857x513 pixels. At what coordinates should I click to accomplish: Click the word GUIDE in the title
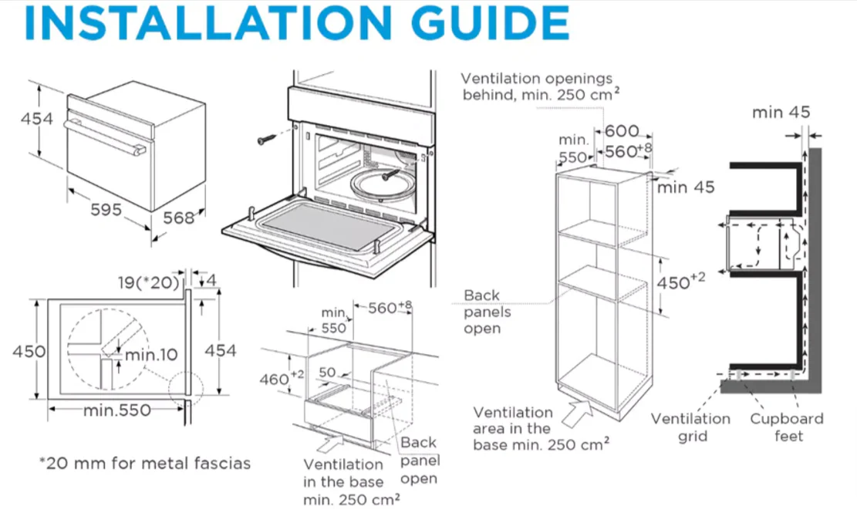(x=490, y=22)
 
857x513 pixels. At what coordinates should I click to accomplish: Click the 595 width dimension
(x=106, y=209)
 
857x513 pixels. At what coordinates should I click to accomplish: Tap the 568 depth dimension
(x=179, y=218)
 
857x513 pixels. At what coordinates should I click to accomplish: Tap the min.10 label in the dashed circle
(x=151, y=355)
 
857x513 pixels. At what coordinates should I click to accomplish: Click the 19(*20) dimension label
(x=149, y=282)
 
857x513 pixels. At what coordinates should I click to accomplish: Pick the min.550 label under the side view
(x=117, y=410)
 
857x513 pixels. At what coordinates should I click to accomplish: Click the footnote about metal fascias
(x=145, y=464)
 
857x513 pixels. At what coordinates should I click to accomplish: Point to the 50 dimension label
(x=327, y=372)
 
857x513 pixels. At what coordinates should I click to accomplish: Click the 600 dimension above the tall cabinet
(x=622, y=131)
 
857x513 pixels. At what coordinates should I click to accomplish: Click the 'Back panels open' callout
(x=487, y=312)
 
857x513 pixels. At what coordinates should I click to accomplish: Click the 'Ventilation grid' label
(x=691, y=427)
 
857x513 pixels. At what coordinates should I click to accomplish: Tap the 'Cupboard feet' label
(x=787, y=427)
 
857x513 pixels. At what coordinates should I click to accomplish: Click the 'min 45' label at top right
(x=781, y=113)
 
